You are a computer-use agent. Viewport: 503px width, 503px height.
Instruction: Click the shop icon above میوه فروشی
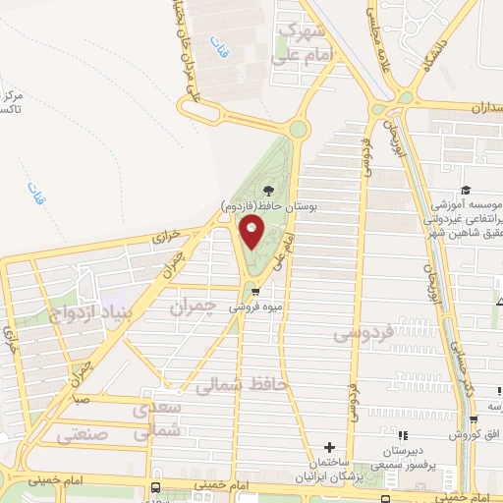[255, 292]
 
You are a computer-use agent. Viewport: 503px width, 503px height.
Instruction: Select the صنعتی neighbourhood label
[83, 431]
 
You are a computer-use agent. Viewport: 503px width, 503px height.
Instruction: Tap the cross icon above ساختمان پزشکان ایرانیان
[329, 448]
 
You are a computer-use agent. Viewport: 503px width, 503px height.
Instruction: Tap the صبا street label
[81, 401]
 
